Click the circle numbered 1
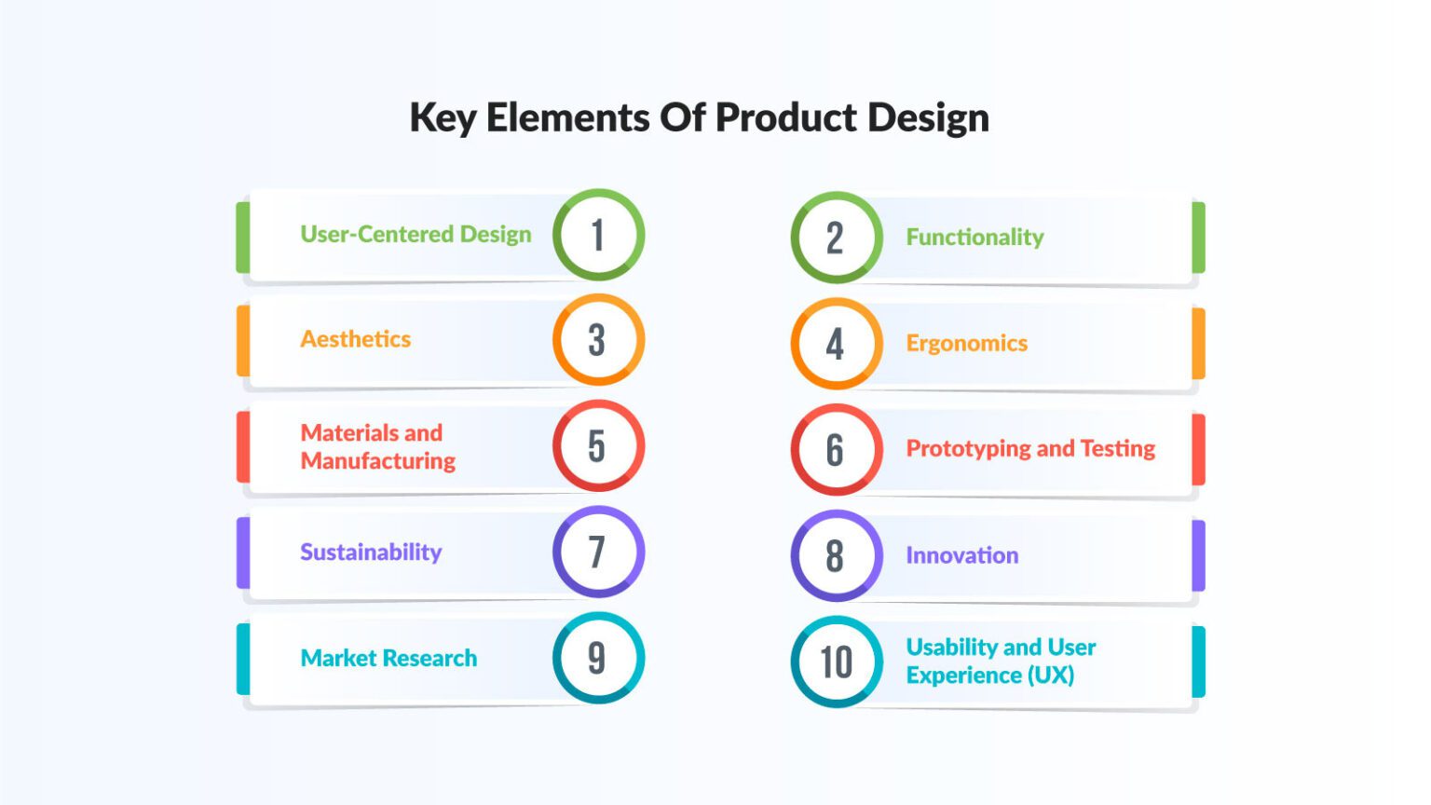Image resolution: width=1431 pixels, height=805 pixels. [598, 235]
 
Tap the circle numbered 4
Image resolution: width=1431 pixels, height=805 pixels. [836, 344]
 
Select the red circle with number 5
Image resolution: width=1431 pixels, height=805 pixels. [598, 446]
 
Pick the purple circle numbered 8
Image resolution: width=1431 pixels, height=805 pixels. [836, 556]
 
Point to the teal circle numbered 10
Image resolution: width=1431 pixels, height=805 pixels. [836, 662]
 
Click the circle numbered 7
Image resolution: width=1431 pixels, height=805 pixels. [598, 552]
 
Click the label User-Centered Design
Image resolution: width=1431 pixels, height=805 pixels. [416, 234]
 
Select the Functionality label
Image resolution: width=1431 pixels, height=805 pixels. [974, 238]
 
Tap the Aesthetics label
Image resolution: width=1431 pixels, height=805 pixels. [355, 339]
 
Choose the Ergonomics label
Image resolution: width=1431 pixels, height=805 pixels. [966, 344]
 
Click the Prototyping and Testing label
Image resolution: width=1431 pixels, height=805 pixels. [1030, 449]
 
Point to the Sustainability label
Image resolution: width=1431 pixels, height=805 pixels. [371, 553]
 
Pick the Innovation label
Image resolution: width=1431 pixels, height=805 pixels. [961, 556]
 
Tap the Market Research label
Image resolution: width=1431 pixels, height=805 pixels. [388, 659]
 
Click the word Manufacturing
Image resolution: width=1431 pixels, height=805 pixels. [378, 461]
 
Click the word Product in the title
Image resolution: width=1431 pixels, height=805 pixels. [785, 117]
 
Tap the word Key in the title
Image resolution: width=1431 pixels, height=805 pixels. [443, 118]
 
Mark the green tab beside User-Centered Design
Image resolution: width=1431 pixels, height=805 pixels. [243, 237]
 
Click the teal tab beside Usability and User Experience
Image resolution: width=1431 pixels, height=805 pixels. [1198, 662]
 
